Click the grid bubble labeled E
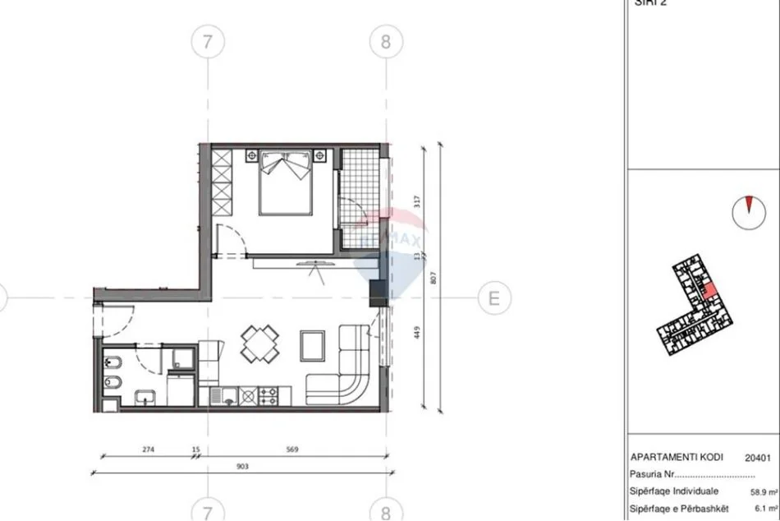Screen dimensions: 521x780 point(493,297)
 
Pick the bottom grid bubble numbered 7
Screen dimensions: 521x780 point(207,508)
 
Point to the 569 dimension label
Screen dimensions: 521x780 point(291,450)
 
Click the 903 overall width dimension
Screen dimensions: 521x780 point(241,466)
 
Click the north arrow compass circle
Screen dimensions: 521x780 point(746,211)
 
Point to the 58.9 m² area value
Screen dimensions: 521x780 point(760,493)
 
